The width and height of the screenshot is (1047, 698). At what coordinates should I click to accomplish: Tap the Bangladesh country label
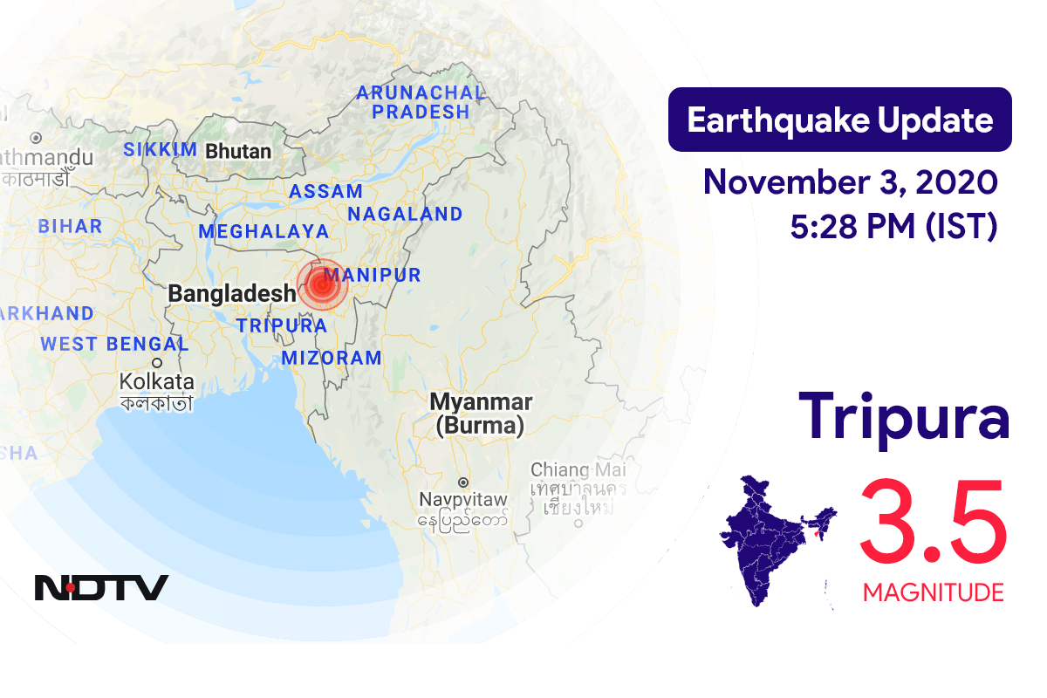click(232, 293)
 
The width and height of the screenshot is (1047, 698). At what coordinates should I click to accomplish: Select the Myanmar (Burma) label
click(480, 414)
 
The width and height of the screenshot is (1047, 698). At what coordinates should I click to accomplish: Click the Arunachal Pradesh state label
click(421, 102)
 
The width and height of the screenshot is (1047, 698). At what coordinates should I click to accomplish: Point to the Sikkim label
click(160, 149)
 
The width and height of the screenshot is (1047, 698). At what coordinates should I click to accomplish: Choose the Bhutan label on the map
click(238, 152)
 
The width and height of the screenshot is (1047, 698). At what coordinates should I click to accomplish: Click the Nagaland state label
click(405, 214)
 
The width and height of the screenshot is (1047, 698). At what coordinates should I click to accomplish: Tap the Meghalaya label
click(263, 231)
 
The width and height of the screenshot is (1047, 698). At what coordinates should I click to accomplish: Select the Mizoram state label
click(332, 357)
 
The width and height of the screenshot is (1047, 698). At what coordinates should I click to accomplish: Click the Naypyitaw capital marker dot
click(463, 482)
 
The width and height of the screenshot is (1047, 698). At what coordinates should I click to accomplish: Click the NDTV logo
click(101, 587)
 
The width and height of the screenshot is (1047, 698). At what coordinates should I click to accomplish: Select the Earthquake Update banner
click(839, 120)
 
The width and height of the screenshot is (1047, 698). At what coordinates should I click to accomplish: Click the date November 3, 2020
click(850, 182)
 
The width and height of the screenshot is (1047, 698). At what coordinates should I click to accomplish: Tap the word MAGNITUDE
click(933, 593)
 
